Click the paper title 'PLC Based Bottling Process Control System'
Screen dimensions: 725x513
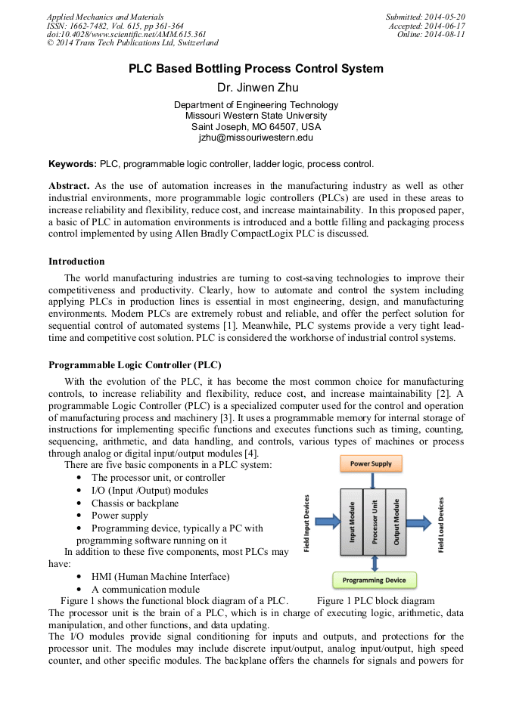pyautogui.click(x=256, y=69)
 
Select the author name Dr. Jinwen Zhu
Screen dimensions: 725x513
pyautogui.click(x=256, y=88)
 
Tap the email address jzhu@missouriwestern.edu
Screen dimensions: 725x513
pyautogui.click(x=256, y=138)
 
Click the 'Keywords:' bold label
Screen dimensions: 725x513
pyautogui.click(x=73, y=163)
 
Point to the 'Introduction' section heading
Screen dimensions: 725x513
pyautogui.click(x=76, y=262)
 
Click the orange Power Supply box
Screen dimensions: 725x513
pyautogui.click(x=372, y=463)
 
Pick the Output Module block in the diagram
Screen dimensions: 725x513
pyautogui.click(x=396, y=521)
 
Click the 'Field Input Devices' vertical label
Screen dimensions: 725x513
pyautogui.click(x=307, y=523)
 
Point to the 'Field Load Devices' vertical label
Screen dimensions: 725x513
pyautogui.click(x=441, y=524)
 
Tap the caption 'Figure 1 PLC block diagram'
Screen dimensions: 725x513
pyautogui.click(x=375, y=601)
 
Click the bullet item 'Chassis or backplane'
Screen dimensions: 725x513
pyautogui.click(x=125, y=503)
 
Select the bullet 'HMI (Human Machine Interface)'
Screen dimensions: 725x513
pyautogui.click(x=160, y=576)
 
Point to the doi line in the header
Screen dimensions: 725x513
pyautogui.click(x=126, y=34)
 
